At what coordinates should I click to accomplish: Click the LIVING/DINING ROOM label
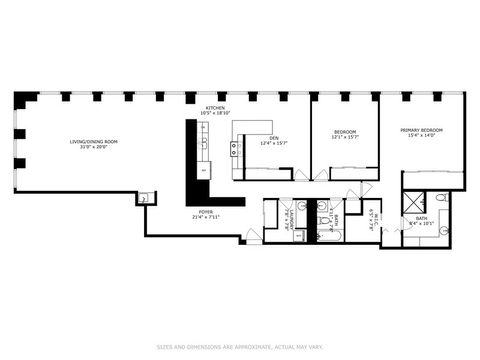(93, 141)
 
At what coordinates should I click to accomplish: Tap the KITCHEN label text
(215, 107)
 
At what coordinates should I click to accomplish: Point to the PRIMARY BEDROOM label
(421, 130)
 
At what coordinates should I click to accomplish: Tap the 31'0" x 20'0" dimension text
(93, 147)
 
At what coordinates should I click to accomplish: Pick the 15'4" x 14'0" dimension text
(421, 136)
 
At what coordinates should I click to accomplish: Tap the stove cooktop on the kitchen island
(236, 150)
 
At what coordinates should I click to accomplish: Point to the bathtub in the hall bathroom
(332, 234)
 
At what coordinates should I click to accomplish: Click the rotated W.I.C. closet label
(372, 218)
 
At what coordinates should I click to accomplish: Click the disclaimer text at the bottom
(240, 347)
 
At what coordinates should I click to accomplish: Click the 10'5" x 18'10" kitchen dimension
(215, 113)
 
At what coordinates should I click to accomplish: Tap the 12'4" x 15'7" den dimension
(273, 144)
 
